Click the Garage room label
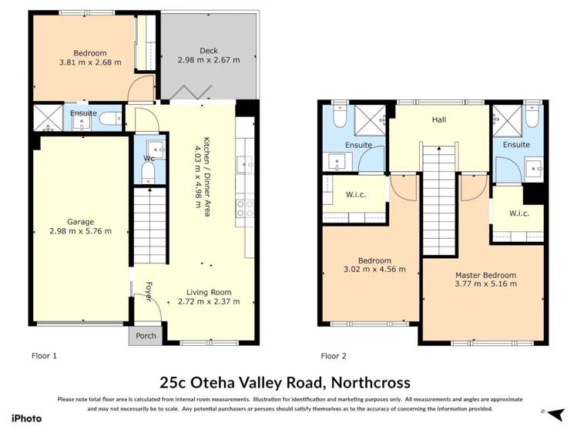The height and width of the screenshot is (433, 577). point(79,221)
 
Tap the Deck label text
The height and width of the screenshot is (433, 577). point(208,51)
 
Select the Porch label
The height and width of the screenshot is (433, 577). point(146,335)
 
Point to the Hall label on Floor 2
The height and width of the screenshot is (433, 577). point(439,119)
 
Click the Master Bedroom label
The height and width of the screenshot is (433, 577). point(485,274)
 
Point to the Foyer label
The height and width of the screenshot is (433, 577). point(149,290)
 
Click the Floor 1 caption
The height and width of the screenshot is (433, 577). point(44,356)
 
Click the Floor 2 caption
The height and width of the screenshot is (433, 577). point(334,356)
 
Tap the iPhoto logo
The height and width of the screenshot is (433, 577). point(26,418)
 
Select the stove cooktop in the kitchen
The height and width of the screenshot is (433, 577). point(245,207)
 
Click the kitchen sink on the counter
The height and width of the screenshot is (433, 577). point(244,163)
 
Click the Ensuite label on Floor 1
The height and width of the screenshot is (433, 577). point(83,113)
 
